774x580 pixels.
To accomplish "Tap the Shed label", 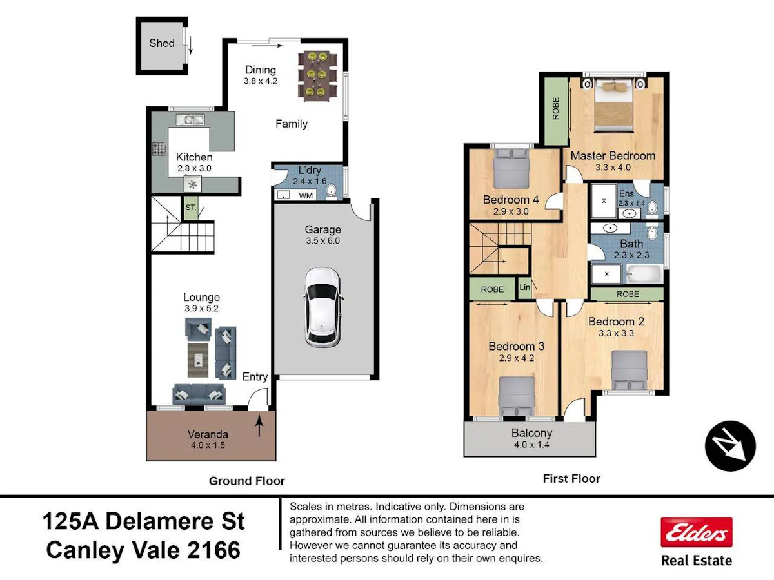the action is (x=161, y=43).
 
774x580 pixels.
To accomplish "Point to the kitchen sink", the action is (x=190, y=120).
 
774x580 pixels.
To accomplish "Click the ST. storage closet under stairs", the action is (x=191, y=208).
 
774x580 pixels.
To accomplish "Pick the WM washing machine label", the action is (x=305, y=195).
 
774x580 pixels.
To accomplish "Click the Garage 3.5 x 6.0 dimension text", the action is (x=322, y=241).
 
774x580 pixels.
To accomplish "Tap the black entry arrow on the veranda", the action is (x=259, y=425).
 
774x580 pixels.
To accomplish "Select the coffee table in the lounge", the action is (x=198, y=360).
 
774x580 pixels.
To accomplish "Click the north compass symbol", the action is (x=730, y=446).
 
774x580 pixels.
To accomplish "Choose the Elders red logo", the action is (x=697, y=532).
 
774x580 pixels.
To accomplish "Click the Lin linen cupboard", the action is (x=524, y=287).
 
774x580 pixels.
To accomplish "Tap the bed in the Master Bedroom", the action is (x=613, y=106).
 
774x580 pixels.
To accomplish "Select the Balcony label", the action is (x=531, y=433).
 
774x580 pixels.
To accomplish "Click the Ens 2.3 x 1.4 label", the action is (x=631, y=198).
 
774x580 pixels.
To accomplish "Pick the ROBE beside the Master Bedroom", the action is (x=556, y=111).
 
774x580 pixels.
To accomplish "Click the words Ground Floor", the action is (x=247, y=481).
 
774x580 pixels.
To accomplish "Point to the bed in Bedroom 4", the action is (x=511, y=168).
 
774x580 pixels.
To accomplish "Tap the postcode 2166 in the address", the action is (x=213, y=550).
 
